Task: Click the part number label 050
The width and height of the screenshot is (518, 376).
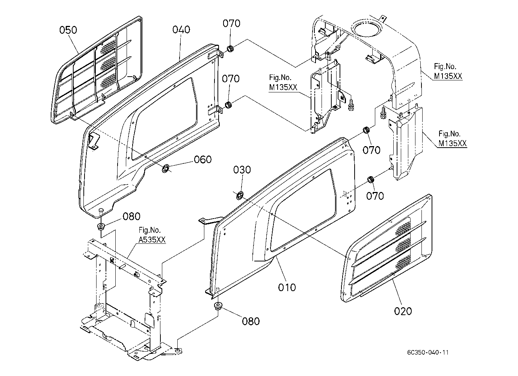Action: click(68, 30)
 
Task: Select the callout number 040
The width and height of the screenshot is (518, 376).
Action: click(181, 30)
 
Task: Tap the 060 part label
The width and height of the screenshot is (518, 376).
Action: click(202, 160)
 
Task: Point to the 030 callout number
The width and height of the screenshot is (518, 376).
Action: click(242, 170)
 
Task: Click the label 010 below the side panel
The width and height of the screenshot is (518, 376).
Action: click(287, 287)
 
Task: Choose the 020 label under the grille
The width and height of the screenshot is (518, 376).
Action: click(403, 311)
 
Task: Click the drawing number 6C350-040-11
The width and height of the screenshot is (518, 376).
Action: click(428, 352)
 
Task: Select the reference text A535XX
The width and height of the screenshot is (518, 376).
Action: click(152, 240)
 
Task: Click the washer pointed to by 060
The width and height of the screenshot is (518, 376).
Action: click(166, 168)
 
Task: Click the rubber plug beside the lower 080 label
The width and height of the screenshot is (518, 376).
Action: click(218, 306)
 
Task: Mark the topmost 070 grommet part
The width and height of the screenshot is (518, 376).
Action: click(230, 49)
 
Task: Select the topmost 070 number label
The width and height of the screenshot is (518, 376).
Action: click(231, 24)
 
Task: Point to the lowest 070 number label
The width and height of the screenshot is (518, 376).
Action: click(375, 196)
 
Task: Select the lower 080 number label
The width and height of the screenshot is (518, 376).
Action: click(251, 321)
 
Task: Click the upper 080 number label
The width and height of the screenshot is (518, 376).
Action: click(131, 216)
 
